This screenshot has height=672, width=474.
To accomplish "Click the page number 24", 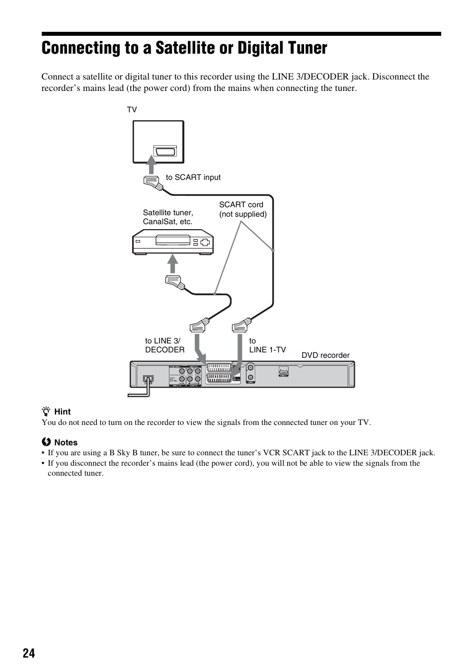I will point(29,653).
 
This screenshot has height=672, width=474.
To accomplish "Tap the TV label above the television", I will point(132,109).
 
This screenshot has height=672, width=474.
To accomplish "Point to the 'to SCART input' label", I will point(193,177).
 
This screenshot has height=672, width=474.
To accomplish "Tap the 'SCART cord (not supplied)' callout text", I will point(243,209).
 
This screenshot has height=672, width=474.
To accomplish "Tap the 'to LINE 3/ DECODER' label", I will point(164,345).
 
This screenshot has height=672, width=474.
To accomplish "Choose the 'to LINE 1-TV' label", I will point(267,345).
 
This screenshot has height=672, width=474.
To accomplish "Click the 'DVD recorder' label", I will point(325,355).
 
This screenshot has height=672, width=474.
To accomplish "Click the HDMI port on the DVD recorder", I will point(283,371).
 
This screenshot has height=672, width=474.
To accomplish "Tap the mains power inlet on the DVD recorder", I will point(148,379).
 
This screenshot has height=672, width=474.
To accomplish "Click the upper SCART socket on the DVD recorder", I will point(218,368).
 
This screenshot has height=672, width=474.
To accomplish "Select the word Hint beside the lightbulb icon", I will point(63,412).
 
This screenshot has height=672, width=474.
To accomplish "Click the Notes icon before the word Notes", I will point(46,442).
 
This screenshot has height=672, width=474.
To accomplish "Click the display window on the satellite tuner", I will point(173,242).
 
